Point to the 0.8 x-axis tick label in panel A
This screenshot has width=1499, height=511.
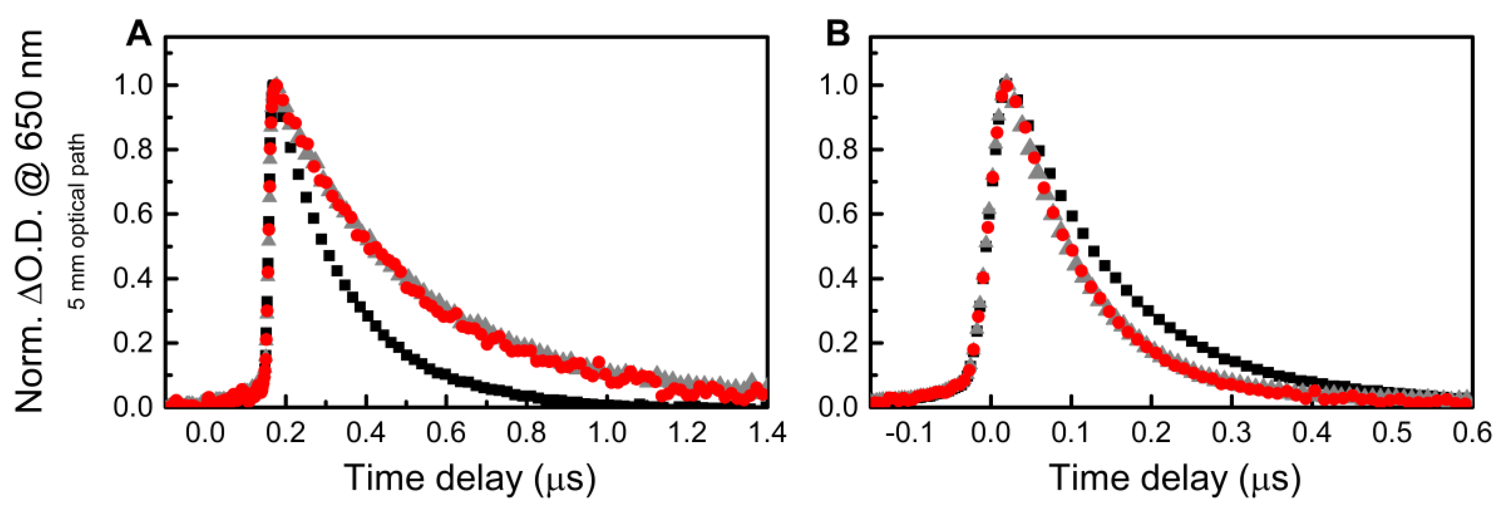526,433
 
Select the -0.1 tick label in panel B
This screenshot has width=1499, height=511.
909,433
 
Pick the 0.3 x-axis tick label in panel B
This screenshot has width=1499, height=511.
1231,433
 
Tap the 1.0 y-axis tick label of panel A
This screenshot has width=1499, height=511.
132,86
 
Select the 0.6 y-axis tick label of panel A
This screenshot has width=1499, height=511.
132,214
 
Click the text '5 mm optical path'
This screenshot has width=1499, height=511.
77,221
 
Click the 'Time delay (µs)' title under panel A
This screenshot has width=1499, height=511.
470,478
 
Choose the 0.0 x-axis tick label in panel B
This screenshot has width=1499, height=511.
991,433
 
